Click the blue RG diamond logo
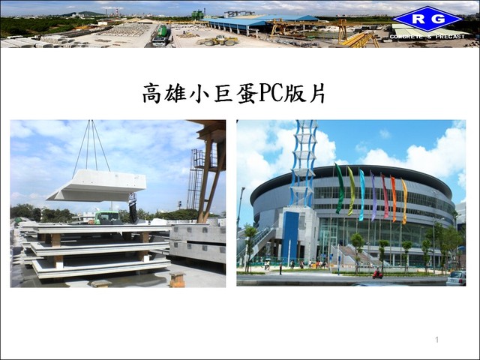tap(427, 19)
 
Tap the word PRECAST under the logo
tap(450, 37)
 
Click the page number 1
tap(436, 340)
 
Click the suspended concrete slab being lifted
tap(97, 186)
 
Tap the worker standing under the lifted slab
tap(133, 208)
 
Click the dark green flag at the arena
tap(340, 188)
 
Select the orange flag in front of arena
tap(394, 199)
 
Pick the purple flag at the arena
tap(373, 196)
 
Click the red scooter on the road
tap(377, 274)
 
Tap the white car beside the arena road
tap(456, 278)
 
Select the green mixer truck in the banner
tap(161, 35)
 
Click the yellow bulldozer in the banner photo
tap(218, 40)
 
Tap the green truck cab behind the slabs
tap(106, 217)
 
